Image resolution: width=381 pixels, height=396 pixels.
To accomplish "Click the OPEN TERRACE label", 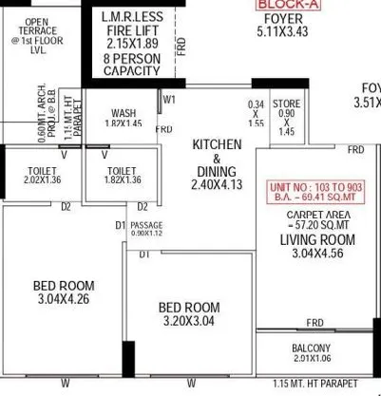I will tap(35, 30).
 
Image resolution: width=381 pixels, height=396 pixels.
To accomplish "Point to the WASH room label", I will tap(124, 111).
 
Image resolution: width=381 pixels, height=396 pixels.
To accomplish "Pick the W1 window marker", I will tap(170, 98).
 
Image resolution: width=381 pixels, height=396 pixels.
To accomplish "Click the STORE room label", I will tap(286, 104).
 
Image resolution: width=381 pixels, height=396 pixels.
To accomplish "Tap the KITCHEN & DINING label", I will tap(217, 158).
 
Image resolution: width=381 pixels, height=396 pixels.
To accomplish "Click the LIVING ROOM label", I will tap(311, 240).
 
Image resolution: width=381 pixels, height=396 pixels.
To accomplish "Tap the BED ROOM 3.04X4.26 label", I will tap(64, 286).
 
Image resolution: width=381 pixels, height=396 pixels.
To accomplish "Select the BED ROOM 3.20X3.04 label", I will tap(188, 309).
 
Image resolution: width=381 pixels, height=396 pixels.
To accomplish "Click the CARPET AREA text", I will tap(311, 216).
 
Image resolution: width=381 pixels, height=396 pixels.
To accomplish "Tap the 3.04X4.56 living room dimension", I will tap(311, 255).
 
